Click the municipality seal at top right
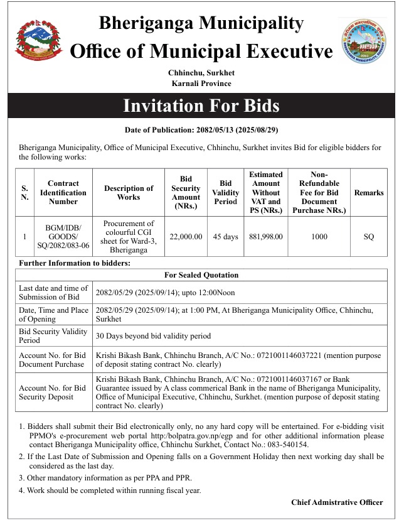click(363, 41)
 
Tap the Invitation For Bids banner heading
click(201, 106)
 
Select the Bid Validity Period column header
click(226, 192)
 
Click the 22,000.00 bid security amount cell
click(186, 237)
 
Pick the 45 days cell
click(226, 237)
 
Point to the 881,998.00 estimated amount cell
click(266, 237)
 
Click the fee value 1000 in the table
click(319, 237)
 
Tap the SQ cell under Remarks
click(368, 237)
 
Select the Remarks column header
click(368, 193)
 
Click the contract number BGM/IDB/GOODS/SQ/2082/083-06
click(63, 237)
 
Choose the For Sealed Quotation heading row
click(201, 275)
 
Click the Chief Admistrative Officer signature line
click(337, 502)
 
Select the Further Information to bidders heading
click(75, 263)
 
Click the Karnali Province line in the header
click(201, 84)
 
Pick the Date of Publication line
click(201, 130)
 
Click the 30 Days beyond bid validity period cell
click(153, 336)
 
